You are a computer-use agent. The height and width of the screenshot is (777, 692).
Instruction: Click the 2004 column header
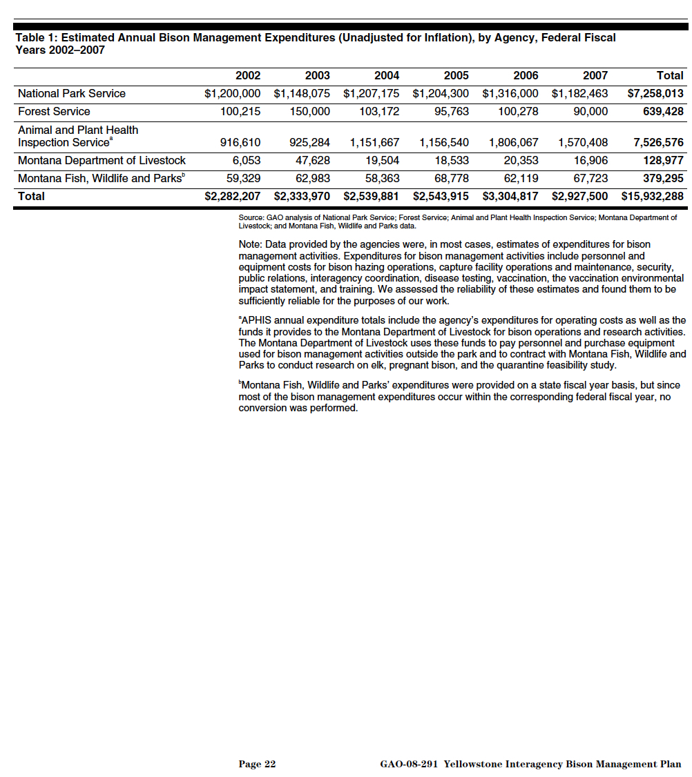click(x=387, y=76)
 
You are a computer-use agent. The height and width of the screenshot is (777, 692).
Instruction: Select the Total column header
click(x=670, y=76)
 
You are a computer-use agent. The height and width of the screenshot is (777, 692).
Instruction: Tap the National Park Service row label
click(x=72, y=94)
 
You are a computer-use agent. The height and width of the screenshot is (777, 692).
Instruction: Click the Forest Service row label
click(x=54, y=112)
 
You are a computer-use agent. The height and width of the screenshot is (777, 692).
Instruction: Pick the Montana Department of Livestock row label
click(x=102, y=161)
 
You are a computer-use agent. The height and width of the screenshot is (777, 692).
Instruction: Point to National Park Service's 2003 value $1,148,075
click(x=302, y=94)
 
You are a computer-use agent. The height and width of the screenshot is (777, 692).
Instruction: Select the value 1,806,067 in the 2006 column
click(x=513, y=143)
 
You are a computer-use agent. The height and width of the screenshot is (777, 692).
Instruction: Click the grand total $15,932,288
click(x=652, y=197)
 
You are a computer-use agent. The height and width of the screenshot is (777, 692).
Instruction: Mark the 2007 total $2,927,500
click(x=579, y=197)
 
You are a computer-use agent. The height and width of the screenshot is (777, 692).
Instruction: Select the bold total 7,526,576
click(x=658, y=143)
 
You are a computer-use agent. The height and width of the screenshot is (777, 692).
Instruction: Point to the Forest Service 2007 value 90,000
click(x=590, y=112)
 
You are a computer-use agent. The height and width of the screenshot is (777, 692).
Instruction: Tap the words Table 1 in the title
click(x=35, y=38)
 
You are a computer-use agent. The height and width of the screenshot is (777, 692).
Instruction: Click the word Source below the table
click(x=251, y=218)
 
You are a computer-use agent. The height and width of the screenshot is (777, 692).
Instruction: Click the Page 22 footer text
click(x=257, y=764)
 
